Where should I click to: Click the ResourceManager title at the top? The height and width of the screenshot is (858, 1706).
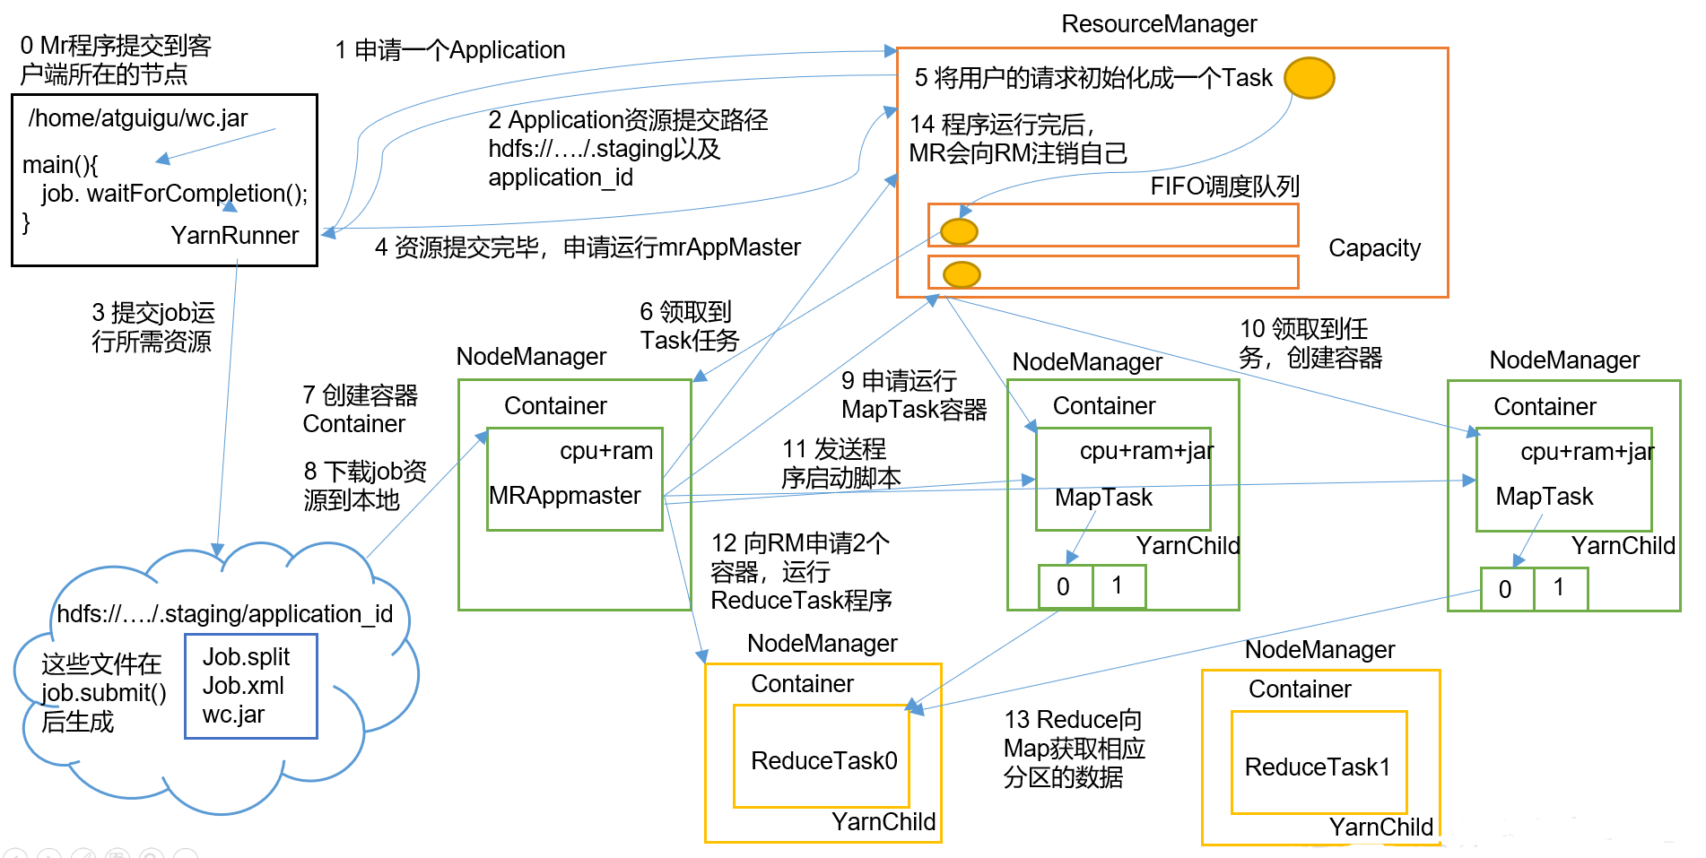(1159, 24)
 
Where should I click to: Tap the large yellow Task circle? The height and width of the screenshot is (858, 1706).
(1309, 78)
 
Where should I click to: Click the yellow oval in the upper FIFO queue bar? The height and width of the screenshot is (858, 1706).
(959, 231)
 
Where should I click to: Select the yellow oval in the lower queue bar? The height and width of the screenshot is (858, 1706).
(962, 274)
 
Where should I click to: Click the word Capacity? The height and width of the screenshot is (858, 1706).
(1374, 248)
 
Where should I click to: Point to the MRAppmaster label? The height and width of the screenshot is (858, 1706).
(565, 496)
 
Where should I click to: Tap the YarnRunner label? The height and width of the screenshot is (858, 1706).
(235, 236)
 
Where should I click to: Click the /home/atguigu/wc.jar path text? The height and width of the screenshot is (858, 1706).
(138, 118)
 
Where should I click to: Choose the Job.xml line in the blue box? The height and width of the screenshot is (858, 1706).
(243, 686)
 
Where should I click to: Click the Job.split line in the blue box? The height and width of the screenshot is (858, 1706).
(246, 657)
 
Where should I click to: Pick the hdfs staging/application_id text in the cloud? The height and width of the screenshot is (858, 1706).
(224, 614)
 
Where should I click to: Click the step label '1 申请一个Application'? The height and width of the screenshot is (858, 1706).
(450, 50)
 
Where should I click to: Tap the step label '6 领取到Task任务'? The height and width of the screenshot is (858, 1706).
(689, 326)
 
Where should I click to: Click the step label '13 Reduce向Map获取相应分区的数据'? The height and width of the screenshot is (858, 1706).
(1074, 749)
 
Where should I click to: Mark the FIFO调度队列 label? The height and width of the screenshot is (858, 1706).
(1224, 186)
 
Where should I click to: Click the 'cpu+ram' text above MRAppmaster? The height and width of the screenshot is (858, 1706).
(606, 451)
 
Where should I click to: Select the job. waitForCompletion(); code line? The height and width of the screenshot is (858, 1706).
(174, 194)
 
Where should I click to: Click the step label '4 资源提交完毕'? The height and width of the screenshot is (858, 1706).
(588, 247)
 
